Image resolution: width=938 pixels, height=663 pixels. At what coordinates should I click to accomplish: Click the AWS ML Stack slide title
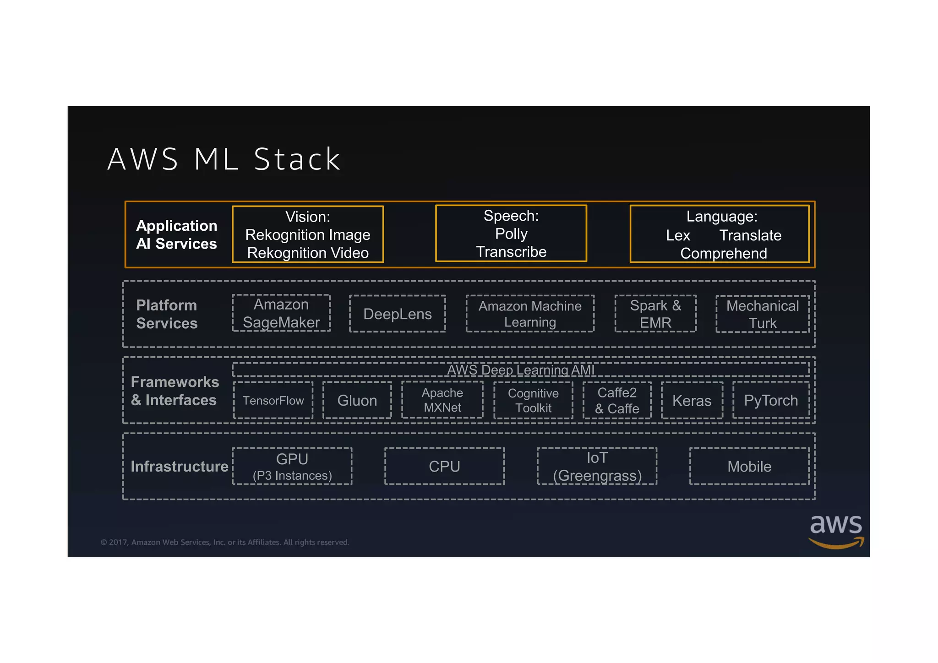tap(224, 159)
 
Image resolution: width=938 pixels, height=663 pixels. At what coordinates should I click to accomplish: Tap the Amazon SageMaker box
tap(281, 313)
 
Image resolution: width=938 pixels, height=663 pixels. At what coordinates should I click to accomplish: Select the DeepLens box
tap(397, 314)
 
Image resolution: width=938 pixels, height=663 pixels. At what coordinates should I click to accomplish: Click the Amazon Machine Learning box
tap(530, 314)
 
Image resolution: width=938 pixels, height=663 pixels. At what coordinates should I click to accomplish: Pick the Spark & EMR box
tap(655, 314)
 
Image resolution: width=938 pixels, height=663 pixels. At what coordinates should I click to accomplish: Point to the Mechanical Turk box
tap(763, 314)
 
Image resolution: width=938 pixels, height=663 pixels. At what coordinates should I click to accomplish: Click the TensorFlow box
tap(273, 400)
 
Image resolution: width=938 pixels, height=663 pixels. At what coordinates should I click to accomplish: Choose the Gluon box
tap(357, 400)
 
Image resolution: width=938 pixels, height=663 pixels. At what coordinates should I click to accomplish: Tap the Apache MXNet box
tap(442, 400)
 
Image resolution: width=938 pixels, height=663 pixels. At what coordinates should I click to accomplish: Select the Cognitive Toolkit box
tap(533, 400)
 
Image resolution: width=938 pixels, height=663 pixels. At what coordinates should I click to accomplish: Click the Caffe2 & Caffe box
tap(617, 400)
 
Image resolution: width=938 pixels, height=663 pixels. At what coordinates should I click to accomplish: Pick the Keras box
tap(692, 400)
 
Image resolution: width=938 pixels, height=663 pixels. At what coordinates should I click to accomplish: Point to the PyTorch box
tap(771, 400)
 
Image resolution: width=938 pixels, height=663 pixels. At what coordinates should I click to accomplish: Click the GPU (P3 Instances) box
tap(292, 466)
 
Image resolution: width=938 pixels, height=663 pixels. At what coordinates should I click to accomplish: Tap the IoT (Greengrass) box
tap(597, 466)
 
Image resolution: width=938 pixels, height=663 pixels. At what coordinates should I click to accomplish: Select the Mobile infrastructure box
tap(749, 466)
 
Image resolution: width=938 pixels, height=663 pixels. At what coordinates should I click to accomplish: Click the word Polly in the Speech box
tap(511, 234)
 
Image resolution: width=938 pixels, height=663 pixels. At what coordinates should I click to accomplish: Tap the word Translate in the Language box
tap(750, 235)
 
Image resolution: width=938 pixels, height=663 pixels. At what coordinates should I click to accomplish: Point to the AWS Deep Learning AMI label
tap(521, 370)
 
